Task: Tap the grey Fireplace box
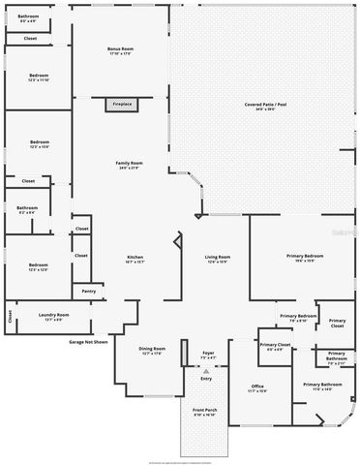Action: [120, 104]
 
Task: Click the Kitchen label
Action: [135, 259]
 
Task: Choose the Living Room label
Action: [218, 259]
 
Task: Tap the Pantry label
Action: [88, 291]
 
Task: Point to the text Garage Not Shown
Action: [88, 342]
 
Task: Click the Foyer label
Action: [207, 355]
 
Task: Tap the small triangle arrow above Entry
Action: [205, 370]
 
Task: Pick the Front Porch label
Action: [204, 413]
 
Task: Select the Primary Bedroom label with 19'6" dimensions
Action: [304, 258]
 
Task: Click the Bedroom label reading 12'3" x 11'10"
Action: [39, 77]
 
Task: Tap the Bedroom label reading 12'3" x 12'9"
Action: [39, 267]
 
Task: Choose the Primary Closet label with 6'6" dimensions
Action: [275, 347]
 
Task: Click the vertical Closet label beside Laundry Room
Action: [11, 315]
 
